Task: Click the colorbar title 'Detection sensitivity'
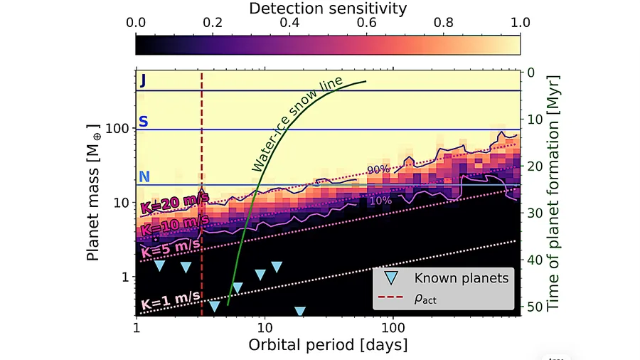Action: pyautogui.click(x=328, y=9)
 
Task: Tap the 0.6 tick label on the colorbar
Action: pyautogui.click(x=366, y=23)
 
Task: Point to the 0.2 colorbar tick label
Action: pyautogui.click(x=213, y=23)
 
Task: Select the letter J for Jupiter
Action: pyautogui.click(x=142, y=80)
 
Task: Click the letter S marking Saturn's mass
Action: pyautogui.click(x=143, y=122)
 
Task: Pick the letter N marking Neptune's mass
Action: pyautogui.click(x=144, y=176)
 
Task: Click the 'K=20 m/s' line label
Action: pyautogui.click(x=174, y=202)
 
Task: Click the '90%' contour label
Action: pyautogui.click(x=378, y=169)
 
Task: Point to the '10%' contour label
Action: pyautogui.click(x=380, y=201)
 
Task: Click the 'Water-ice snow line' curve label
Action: pyautogui.click(x=297, y=124)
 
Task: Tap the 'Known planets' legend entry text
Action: pyautogui.click(x=462, y=278)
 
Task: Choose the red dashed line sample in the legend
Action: pyautogui.click(x=390, y=297)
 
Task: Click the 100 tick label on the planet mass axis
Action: pyautogui.click(x=117, y=129)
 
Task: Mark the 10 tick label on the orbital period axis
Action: pyautogui.click(x=265, y=327)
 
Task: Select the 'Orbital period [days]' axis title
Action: pyautogui.click(x=328, y=345)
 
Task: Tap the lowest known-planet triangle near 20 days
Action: pyautogui.click(x=300, y=311)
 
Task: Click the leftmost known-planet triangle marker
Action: pyautogui.click(x=159, y=265)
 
